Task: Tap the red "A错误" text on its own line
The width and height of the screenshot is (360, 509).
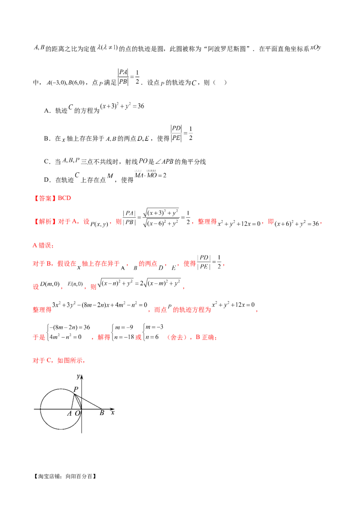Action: (x=43, y=246)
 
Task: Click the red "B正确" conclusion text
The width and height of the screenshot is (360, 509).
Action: (x=208, y=338)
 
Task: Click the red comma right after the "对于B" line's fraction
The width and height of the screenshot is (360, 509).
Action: (x=224, y=266)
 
